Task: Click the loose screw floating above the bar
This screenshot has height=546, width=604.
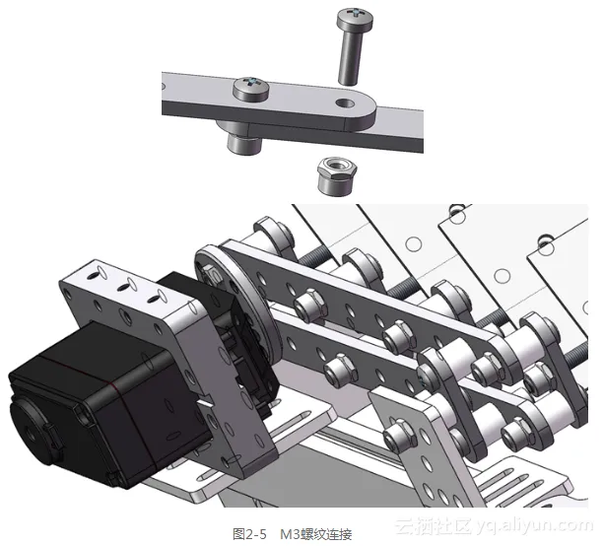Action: pyautogui.click(x=353, y=46)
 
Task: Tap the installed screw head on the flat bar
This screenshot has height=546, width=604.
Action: pyautogui.click(x=251, y=89)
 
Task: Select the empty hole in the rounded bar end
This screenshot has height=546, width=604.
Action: pyautogui.click(x=345, y=102)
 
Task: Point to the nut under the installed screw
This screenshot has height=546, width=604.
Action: pyautogui.click(x=243, y=143)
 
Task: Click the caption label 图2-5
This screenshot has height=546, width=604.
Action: pyautogui.click(x=249, y=534)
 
